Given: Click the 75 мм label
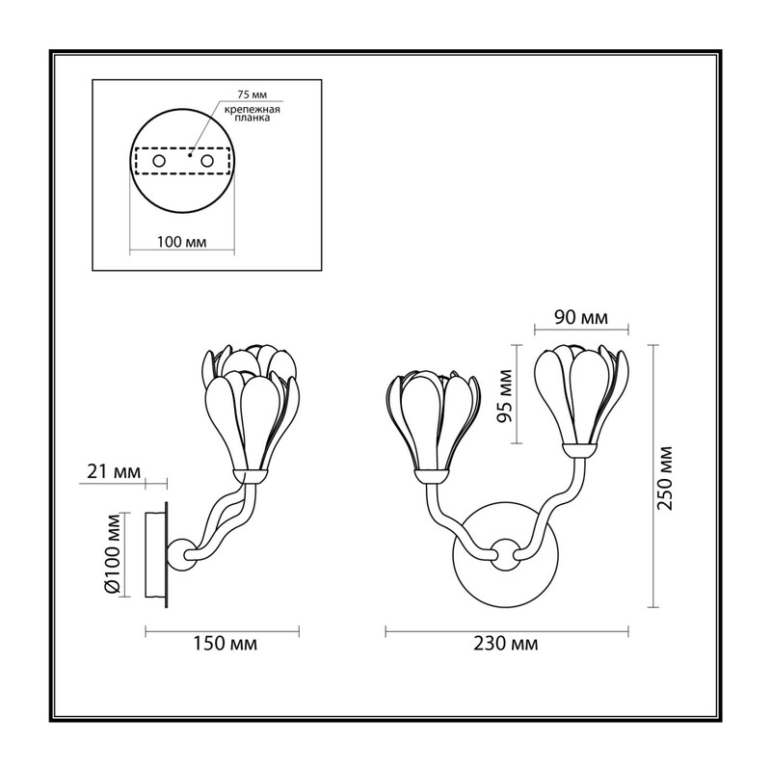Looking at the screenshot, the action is coord(252,95).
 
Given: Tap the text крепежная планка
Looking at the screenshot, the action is coord(253,114).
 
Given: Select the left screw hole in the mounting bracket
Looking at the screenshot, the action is coord(158,161).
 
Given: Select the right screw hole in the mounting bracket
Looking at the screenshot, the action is coord(207,161).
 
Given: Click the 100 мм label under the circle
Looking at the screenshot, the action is coord(182,242).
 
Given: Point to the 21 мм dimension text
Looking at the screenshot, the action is coord(114,472).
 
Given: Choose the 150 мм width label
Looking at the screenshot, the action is coord(225,643).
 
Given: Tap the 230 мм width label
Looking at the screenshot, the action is coord(506,643).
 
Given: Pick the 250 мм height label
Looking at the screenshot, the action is coord(665,478).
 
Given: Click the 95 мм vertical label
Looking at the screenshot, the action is coord(504,396).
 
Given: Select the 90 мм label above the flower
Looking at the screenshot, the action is coord(581,318).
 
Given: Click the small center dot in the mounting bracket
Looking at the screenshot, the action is coord(189,155).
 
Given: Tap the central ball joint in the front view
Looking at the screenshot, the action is coord(505,555).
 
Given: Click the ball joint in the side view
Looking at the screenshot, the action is coord(180,555).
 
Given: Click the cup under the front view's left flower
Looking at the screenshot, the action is coord(432,476).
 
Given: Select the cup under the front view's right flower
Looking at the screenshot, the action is coord(581,450).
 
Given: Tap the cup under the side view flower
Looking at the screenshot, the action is coord(251,476).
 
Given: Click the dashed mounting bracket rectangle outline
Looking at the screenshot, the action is coord(182,148).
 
